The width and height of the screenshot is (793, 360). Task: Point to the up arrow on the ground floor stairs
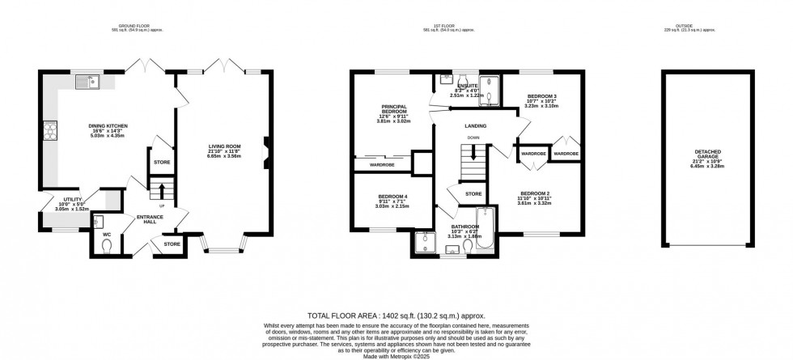160,191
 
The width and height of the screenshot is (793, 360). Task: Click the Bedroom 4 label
392,199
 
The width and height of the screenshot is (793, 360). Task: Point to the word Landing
475,126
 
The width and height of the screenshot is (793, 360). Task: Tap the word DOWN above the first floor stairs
472,138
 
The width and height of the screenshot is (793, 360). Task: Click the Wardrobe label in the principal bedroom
381,165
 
